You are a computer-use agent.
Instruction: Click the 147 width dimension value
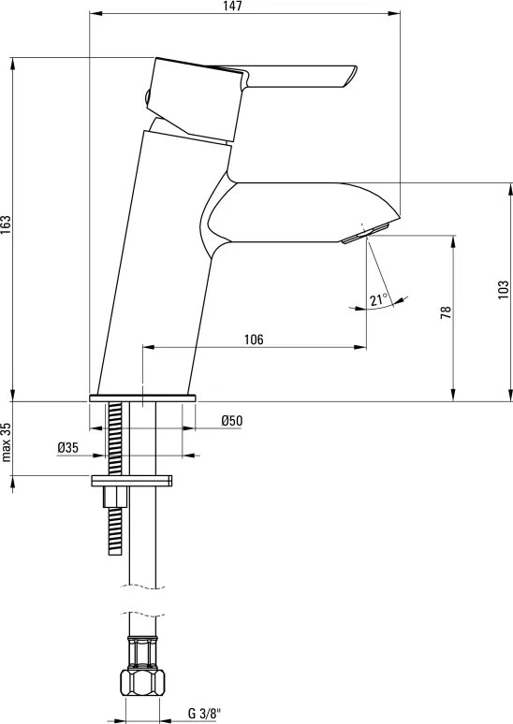(234, 7)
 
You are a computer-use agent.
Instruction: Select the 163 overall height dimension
(6, 224)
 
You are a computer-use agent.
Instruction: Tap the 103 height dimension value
(504, 289)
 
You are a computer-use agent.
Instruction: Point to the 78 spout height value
(446, 312)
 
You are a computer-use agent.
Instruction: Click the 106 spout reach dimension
(254, 340)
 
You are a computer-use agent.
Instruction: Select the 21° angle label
(378, 299)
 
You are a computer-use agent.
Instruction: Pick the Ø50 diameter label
(231, 421)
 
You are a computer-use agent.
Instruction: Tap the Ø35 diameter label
(68, 447)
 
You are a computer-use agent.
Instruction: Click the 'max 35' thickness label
(6, 442)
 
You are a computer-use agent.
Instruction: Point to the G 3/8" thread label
(202, 713)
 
